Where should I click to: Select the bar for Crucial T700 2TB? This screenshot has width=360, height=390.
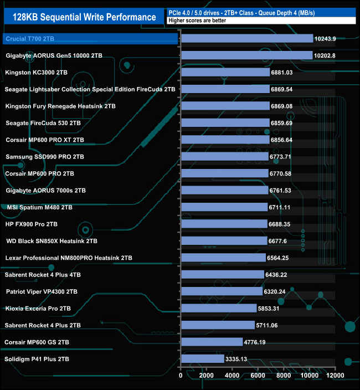pos(247,39)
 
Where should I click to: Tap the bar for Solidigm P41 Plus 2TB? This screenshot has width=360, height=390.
pos(203,359)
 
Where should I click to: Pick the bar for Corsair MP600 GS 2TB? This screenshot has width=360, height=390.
pos(212,342)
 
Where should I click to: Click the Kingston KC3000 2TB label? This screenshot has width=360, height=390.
pos(37,73)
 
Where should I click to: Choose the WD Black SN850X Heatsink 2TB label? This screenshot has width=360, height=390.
pos(52,241)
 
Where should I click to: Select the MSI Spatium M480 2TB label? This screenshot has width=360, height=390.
pos(40,207)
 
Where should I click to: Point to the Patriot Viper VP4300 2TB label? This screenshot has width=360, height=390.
pos(42,291)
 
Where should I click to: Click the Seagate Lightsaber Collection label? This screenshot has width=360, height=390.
pos(90,89)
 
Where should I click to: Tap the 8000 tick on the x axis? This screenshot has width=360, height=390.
pos(284,376)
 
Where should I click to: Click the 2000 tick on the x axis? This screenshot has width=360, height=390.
pos(207,376)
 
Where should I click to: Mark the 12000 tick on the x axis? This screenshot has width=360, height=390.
pos(335,376)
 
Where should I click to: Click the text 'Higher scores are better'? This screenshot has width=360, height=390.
pos(197,20)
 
